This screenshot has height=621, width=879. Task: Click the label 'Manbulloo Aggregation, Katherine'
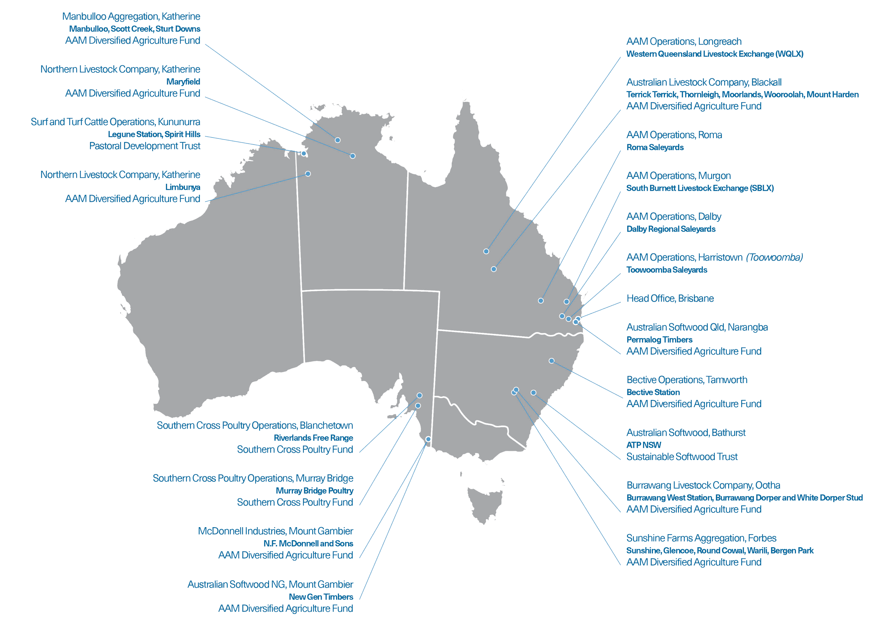[x=131, y=17]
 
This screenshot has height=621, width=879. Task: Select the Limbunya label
[x=182, y=187]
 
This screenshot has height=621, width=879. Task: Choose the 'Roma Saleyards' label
[x=655, y=147]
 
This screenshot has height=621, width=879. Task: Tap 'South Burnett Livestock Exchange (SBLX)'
[x=700, y=188]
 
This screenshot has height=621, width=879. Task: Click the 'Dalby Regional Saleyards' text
[x=671, y=229]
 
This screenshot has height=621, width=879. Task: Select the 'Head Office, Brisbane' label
[x=670, y=298]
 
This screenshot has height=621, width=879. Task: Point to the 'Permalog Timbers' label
[x=659, y=340]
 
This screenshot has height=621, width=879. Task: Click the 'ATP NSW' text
[x=643, y=445]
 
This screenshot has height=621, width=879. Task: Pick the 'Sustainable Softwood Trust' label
[x=682, y=457]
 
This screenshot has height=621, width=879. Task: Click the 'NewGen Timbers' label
[x=321, y=597]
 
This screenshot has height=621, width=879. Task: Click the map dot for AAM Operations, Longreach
[x=486, y=251]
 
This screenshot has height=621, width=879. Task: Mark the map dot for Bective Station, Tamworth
[x=552, y=361]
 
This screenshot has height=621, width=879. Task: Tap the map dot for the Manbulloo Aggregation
[x=338, y=140]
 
